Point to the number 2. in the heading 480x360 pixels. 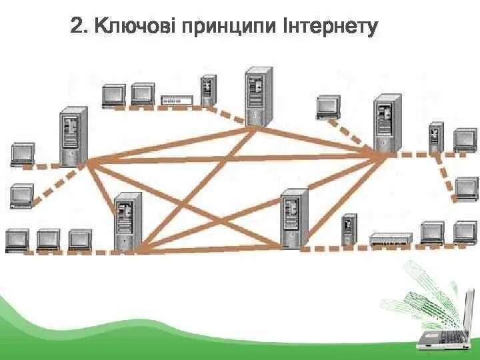79,27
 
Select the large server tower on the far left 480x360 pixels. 73,136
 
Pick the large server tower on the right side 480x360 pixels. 387,123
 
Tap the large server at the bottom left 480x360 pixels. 128,222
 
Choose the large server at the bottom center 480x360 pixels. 294,219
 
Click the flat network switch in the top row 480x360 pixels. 177,100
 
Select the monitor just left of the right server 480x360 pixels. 328,107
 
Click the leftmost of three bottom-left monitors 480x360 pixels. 17,239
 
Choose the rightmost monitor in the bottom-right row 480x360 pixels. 465,232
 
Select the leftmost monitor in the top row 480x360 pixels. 113,95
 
